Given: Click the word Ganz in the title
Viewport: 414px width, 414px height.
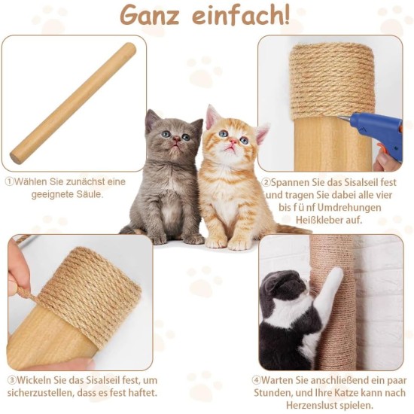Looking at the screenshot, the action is click(x=150, y=15).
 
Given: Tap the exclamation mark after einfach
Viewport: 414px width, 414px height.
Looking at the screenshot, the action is click(x=286, y=15).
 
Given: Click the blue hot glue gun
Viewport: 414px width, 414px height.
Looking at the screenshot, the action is click(x=374, y=134).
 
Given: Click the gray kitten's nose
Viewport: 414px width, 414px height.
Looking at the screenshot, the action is click(x=176, y=138).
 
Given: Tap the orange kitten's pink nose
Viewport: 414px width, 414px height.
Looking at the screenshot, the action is click(x=232, y=142).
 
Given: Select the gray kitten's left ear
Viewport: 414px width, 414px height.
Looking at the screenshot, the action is click(x=151, y=120).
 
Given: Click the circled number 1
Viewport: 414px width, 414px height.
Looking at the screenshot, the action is click(x=10, y=182).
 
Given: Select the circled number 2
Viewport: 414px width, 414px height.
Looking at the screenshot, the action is click(x=266, y=182).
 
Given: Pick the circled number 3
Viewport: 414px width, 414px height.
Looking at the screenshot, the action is click(x=12, y=380).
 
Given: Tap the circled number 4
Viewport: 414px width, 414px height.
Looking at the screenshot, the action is click(x=256, y=380).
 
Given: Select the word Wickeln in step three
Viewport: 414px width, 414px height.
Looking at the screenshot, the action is click(x=34, y=380).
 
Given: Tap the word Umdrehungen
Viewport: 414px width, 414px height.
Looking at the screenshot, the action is click(x=349, y=208).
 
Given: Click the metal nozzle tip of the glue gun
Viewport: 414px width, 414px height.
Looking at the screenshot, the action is click(x=341, y=117).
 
